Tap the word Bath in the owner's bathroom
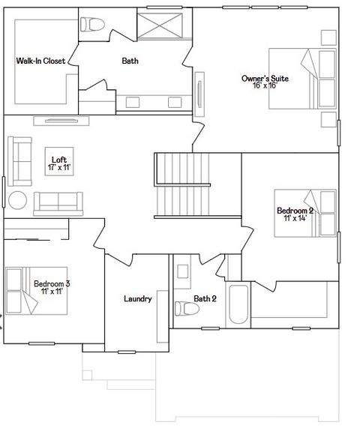pos(130,61)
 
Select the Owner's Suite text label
pos(265,78)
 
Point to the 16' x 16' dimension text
pos(265,85)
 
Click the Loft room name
pos(58,159)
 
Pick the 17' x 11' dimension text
pos(58,167)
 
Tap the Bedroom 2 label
pos(295,211)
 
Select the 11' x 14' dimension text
pos(295,219)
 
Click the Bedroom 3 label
pos(52,283)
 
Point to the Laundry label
pos(137,298)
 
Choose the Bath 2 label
pos(205,298)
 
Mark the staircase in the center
pos(181,184)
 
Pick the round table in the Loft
pos(18,200)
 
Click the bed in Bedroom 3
pos(22,292)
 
